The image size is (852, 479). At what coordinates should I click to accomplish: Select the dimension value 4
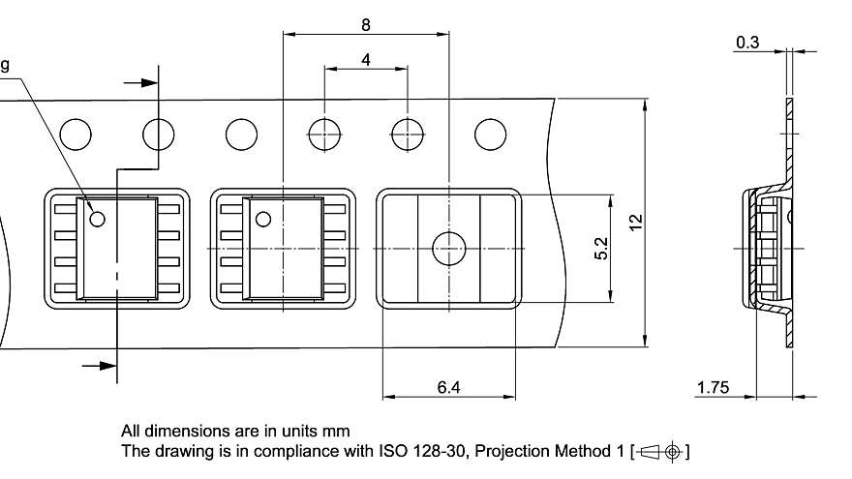(366, 59)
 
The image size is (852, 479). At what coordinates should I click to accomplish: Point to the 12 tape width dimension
(635, 222)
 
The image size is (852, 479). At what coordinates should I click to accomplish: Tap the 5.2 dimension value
(601, 249)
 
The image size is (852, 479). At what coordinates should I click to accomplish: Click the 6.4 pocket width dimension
(448, 387)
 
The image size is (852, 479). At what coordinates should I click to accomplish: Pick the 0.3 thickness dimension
(747, 43)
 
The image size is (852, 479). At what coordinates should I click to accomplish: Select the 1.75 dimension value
(712, 388)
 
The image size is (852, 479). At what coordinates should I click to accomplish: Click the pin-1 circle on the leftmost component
(97, 219)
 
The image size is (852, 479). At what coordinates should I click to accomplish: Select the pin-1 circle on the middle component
(260, 219)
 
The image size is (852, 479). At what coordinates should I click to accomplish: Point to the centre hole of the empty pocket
(448, 250)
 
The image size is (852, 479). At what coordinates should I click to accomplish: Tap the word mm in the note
(337, 431)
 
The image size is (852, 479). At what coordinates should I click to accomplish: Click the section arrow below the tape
(98, 365)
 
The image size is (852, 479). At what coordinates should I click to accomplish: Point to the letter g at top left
(5, 65)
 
